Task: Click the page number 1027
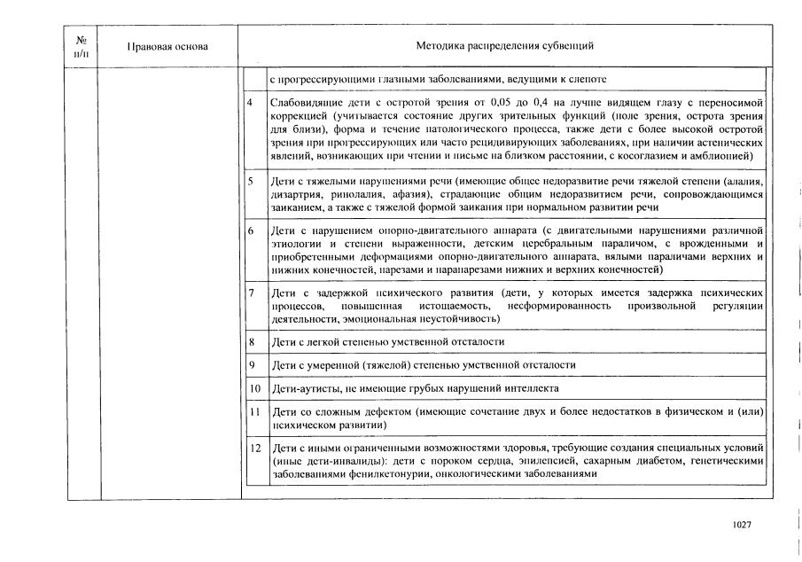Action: point(742,525)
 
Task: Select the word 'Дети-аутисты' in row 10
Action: point(303,388)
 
